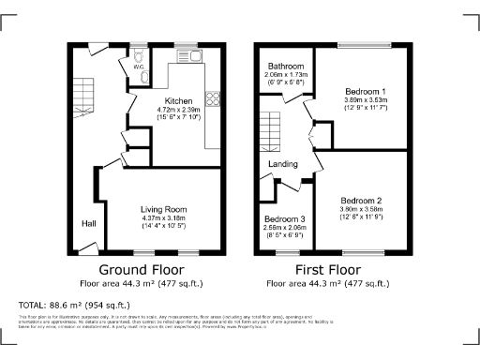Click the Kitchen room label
[179, 101]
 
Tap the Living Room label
[164, 209]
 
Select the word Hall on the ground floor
[89, 224]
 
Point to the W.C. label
[138, 67]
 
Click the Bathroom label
[285, 67]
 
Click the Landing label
[283, 165]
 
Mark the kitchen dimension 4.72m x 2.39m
[179, 110]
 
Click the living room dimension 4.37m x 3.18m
[164, 218]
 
